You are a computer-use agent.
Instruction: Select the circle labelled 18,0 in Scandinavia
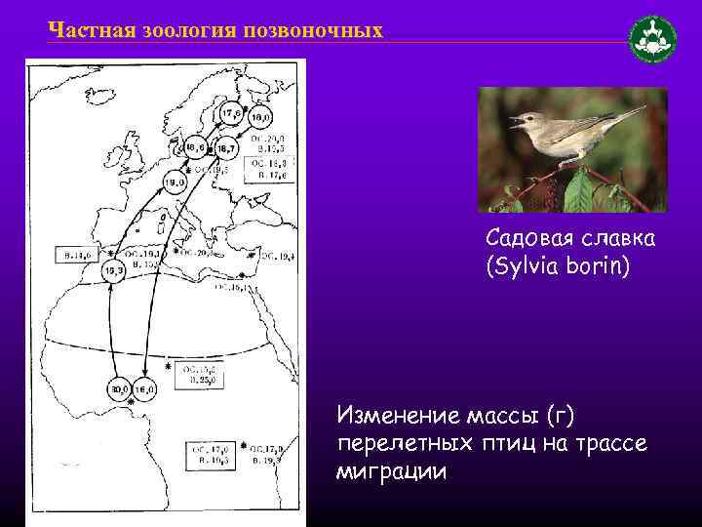pyautogui.click(x=259, y=119)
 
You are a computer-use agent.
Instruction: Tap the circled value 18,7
pyautogui.click(x=225, y=149)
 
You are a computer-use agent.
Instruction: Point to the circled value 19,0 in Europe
pyautogui.click(x=175, y=182)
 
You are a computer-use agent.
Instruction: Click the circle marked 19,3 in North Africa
pyautogui.click(x=113, y=270)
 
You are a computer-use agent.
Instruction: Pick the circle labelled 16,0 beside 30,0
pyautogui.click(x=144, y=389)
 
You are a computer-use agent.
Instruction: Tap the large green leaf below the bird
pyautogui.click(x=578, y=191)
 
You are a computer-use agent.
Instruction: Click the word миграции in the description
pyautogui.click(x=392, y=472)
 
